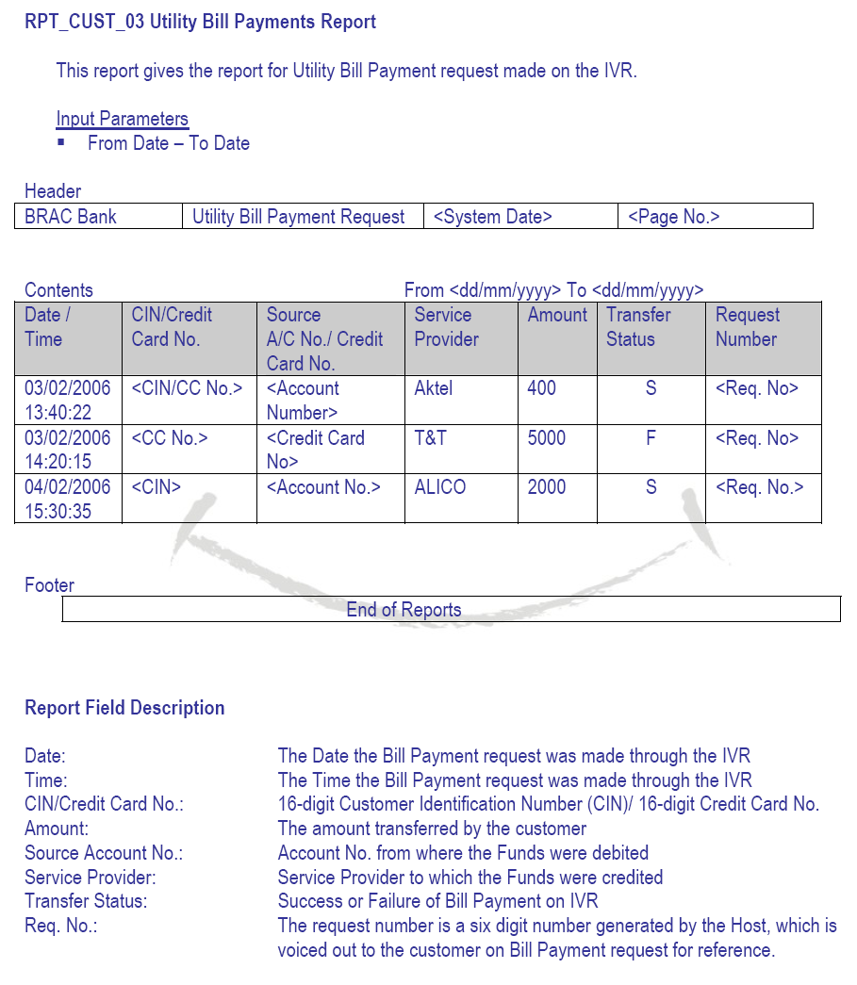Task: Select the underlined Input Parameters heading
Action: pyautogui.click(x=123, y=119)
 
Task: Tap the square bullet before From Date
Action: pyautogui.click(x=62, y=142)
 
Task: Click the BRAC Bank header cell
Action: pyautogui.click(x=71, y=217)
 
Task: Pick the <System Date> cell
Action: pyautogui.click(x=493, y=217)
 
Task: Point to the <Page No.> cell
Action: pyautogui.click(x=674, y=217)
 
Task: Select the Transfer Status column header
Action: pyautogui.click(x=638, y=327)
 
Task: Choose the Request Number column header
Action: pyautogui.click(x=748, y=327)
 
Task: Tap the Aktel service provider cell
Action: pyautogui.click(x=434, y=388)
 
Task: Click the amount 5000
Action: pyautogui.click(x=547, y=438)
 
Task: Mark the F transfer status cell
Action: pyautogui.click(x=651, y=438)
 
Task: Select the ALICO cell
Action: pyautogui.click(x=440, y=487)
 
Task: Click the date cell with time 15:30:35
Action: pyautogui.click(x=67, y=500)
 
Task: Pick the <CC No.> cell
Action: pyautogui.click(x=170, y=438)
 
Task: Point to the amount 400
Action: pyautogui.click(x=542, y=388)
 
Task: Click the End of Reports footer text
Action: pyautogui.click(x=404, y=610)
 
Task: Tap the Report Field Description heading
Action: pyautogui.click(x=124, y=708)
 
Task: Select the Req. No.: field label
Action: pyautogui.click(x=61, y=926)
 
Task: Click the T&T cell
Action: pyautogui.click(x=430, y=438)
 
